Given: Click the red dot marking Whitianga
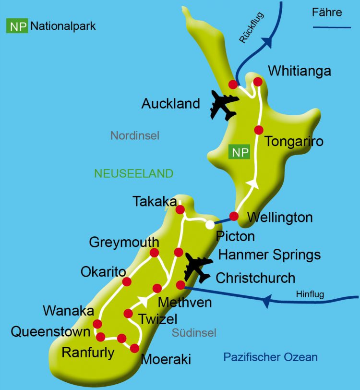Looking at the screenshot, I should (x=258, y=82).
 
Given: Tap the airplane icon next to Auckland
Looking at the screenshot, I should (x=224, y=106).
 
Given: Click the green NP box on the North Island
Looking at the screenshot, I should (x=240, y=153).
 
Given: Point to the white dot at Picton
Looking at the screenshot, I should (x=210, y=224).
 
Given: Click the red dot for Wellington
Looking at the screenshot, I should (x=234, y=216).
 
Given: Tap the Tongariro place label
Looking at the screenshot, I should (x=294, y=142).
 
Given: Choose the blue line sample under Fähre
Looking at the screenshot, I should (x=332, y=28).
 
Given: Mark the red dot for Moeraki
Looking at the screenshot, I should (x=134, y=348).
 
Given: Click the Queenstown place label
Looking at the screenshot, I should (x=50, y=332).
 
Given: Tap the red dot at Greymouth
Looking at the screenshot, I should (x=154, y=253).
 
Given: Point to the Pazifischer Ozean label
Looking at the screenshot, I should (x=271, y=357).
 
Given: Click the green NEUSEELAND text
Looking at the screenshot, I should (x=133, y=173).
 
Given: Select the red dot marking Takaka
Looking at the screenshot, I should (x=180, y=210).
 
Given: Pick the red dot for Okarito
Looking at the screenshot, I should (x=127, y=281).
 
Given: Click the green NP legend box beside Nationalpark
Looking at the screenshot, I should (x=16, y=26).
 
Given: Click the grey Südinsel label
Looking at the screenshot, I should (x=194, y=333).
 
